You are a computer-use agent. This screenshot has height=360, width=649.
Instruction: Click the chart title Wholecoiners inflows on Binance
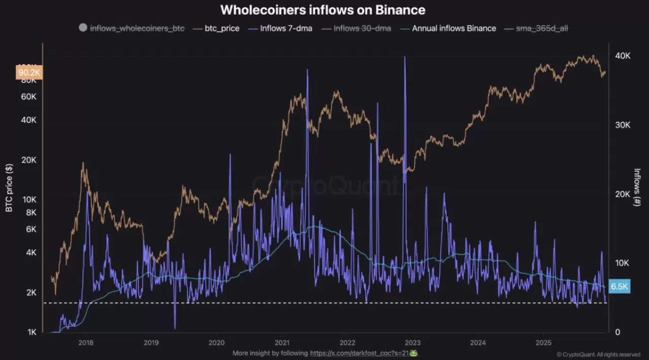click(x=323, y=10)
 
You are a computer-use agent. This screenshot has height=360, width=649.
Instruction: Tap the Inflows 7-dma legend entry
click(x=286, y=28)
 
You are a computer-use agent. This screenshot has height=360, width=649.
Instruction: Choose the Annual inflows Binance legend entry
click(x=454, y=28)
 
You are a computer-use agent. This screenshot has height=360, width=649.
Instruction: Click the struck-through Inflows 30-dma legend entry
click(x=362, y=28)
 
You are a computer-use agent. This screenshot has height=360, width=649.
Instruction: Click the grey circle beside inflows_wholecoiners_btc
click(x=83, y=28)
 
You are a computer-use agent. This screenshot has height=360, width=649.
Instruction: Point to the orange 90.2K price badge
click(x=29, y=73)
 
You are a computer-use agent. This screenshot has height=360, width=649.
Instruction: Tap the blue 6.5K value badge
click(x=620, y=286)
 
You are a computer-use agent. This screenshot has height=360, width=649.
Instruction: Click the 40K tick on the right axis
click(x=622, y=56)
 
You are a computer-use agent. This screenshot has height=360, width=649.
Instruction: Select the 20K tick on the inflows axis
click(x=622, y=194)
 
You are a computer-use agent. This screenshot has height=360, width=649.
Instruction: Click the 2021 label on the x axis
click(x=282, y=342)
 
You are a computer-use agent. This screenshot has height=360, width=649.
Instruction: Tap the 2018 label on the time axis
click(x=86, y=342)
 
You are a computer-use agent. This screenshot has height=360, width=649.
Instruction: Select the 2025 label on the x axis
click(x=544, y=342)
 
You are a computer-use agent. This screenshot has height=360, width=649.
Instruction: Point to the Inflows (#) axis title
click(x=637, y=188)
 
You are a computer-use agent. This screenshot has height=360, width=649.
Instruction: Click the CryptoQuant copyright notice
click(x=598, y=354)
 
